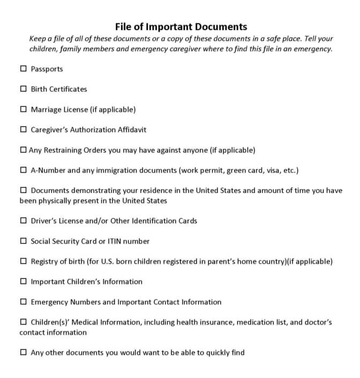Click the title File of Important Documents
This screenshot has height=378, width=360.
point(181,26)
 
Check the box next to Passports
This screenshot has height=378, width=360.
point(23,69)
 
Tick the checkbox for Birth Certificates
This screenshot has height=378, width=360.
point(23,89)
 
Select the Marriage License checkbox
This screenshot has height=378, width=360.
point(23,109)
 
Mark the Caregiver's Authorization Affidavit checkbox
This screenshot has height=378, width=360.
point(23,130)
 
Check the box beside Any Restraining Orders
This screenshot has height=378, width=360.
point(23,150)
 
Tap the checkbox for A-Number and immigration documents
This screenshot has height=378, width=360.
point(23,171)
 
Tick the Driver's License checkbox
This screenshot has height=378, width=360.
point(23,221)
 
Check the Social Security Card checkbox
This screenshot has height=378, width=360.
point(23,241)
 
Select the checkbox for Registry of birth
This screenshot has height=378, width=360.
point(23,262)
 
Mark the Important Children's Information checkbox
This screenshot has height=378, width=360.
point(23,281)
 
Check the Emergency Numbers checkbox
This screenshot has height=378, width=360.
point(23,302)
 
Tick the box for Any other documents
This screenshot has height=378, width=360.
point(23,353)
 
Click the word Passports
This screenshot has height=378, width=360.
point(47,69)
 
